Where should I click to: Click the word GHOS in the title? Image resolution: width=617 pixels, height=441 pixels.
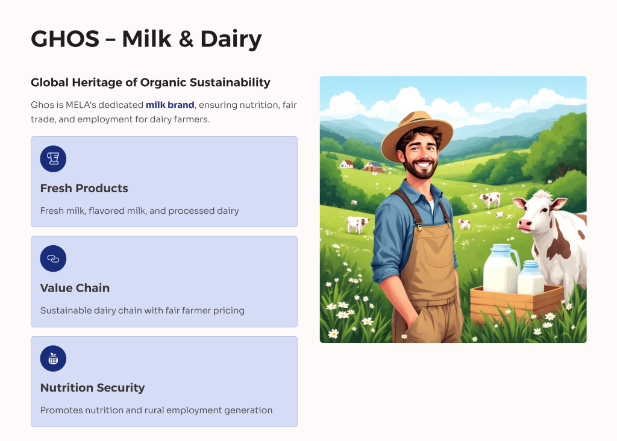(65, 39)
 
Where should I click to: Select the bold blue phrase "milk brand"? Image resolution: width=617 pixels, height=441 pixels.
(170, 105)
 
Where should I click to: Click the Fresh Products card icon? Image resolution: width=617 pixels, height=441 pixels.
(53, 158)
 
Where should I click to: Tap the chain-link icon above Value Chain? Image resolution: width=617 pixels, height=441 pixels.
(53, 258)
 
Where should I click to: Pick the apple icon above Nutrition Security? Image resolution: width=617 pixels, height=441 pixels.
(53, 358)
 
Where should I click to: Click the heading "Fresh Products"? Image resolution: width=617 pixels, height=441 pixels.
(84, 189)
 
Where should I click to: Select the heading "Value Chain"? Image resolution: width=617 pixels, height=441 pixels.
(75, 288)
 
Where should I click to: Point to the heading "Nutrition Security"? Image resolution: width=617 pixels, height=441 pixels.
(92, 388)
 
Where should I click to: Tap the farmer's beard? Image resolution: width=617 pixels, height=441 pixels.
(421, 168)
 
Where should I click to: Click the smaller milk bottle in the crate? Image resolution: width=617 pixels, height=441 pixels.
(531, 278)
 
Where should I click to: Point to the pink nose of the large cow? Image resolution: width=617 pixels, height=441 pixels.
(525, 225)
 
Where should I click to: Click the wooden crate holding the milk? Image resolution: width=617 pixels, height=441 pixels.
(516, 305)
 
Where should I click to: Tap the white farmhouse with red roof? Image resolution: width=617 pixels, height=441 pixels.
(346, 164)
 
